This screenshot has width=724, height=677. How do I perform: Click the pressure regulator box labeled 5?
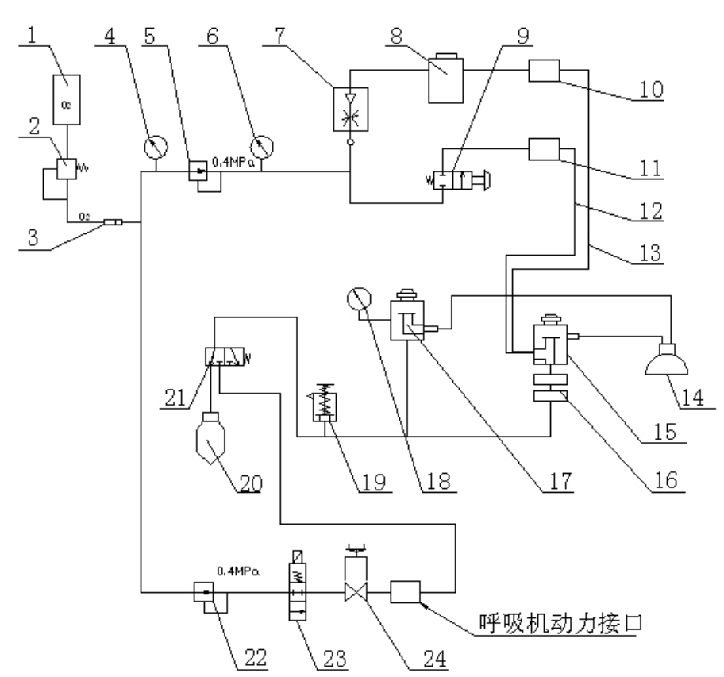(197, 174)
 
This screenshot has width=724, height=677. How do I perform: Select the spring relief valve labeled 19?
(322, 406)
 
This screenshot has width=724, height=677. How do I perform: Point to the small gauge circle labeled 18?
(360, 301)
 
